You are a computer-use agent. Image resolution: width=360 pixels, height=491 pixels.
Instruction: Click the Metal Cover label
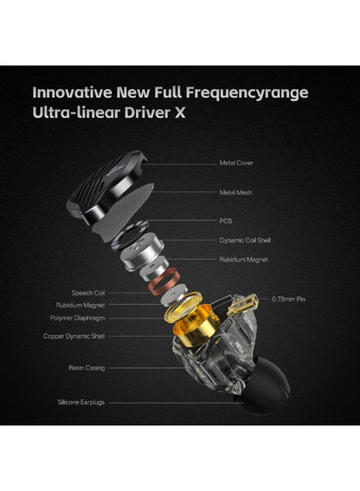click(x=236, y=163)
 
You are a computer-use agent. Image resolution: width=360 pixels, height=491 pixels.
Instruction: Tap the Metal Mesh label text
click(x=235, y=192)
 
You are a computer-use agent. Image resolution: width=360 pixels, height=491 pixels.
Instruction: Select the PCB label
click(x=225, y=221)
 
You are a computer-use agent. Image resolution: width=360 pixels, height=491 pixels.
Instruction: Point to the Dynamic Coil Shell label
click(x=245, y=241)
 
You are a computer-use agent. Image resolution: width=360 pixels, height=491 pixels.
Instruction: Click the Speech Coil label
click(x=88, y=293)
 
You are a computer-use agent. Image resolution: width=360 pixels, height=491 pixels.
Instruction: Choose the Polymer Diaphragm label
click(x=77, y=318)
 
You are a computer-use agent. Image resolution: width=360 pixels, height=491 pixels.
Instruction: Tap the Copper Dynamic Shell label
click(x=74, y=336)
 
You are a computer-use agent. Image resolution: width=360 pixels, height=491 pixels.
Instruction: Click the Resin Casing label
click(x=87, y=368)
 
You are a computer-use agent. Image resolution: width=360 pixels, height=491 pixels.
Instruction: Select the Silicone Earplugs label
click(x=81, y=403)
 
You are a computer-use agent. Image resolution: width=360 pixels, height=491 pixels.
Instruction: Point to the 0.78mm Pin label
click(x=288, y=300)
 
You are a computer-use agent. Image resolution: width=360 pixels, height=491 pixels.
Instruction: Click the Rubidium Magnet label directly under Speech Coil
click(x=80, y=306)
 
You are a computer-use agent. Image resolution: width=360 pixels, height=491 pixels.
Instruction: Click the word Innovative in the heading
click(x=72, y=93)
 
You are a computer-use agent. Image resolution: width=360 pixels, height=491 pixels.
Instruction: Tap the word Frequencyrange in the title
click(x=247, y=94)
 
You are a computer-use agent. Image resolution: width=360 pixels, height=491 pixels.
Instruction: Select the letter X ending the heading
click(x=180, y=113)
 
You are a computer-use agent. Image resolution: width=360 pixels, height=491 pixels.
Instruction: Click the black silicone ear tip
click(x=264, y=386)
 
